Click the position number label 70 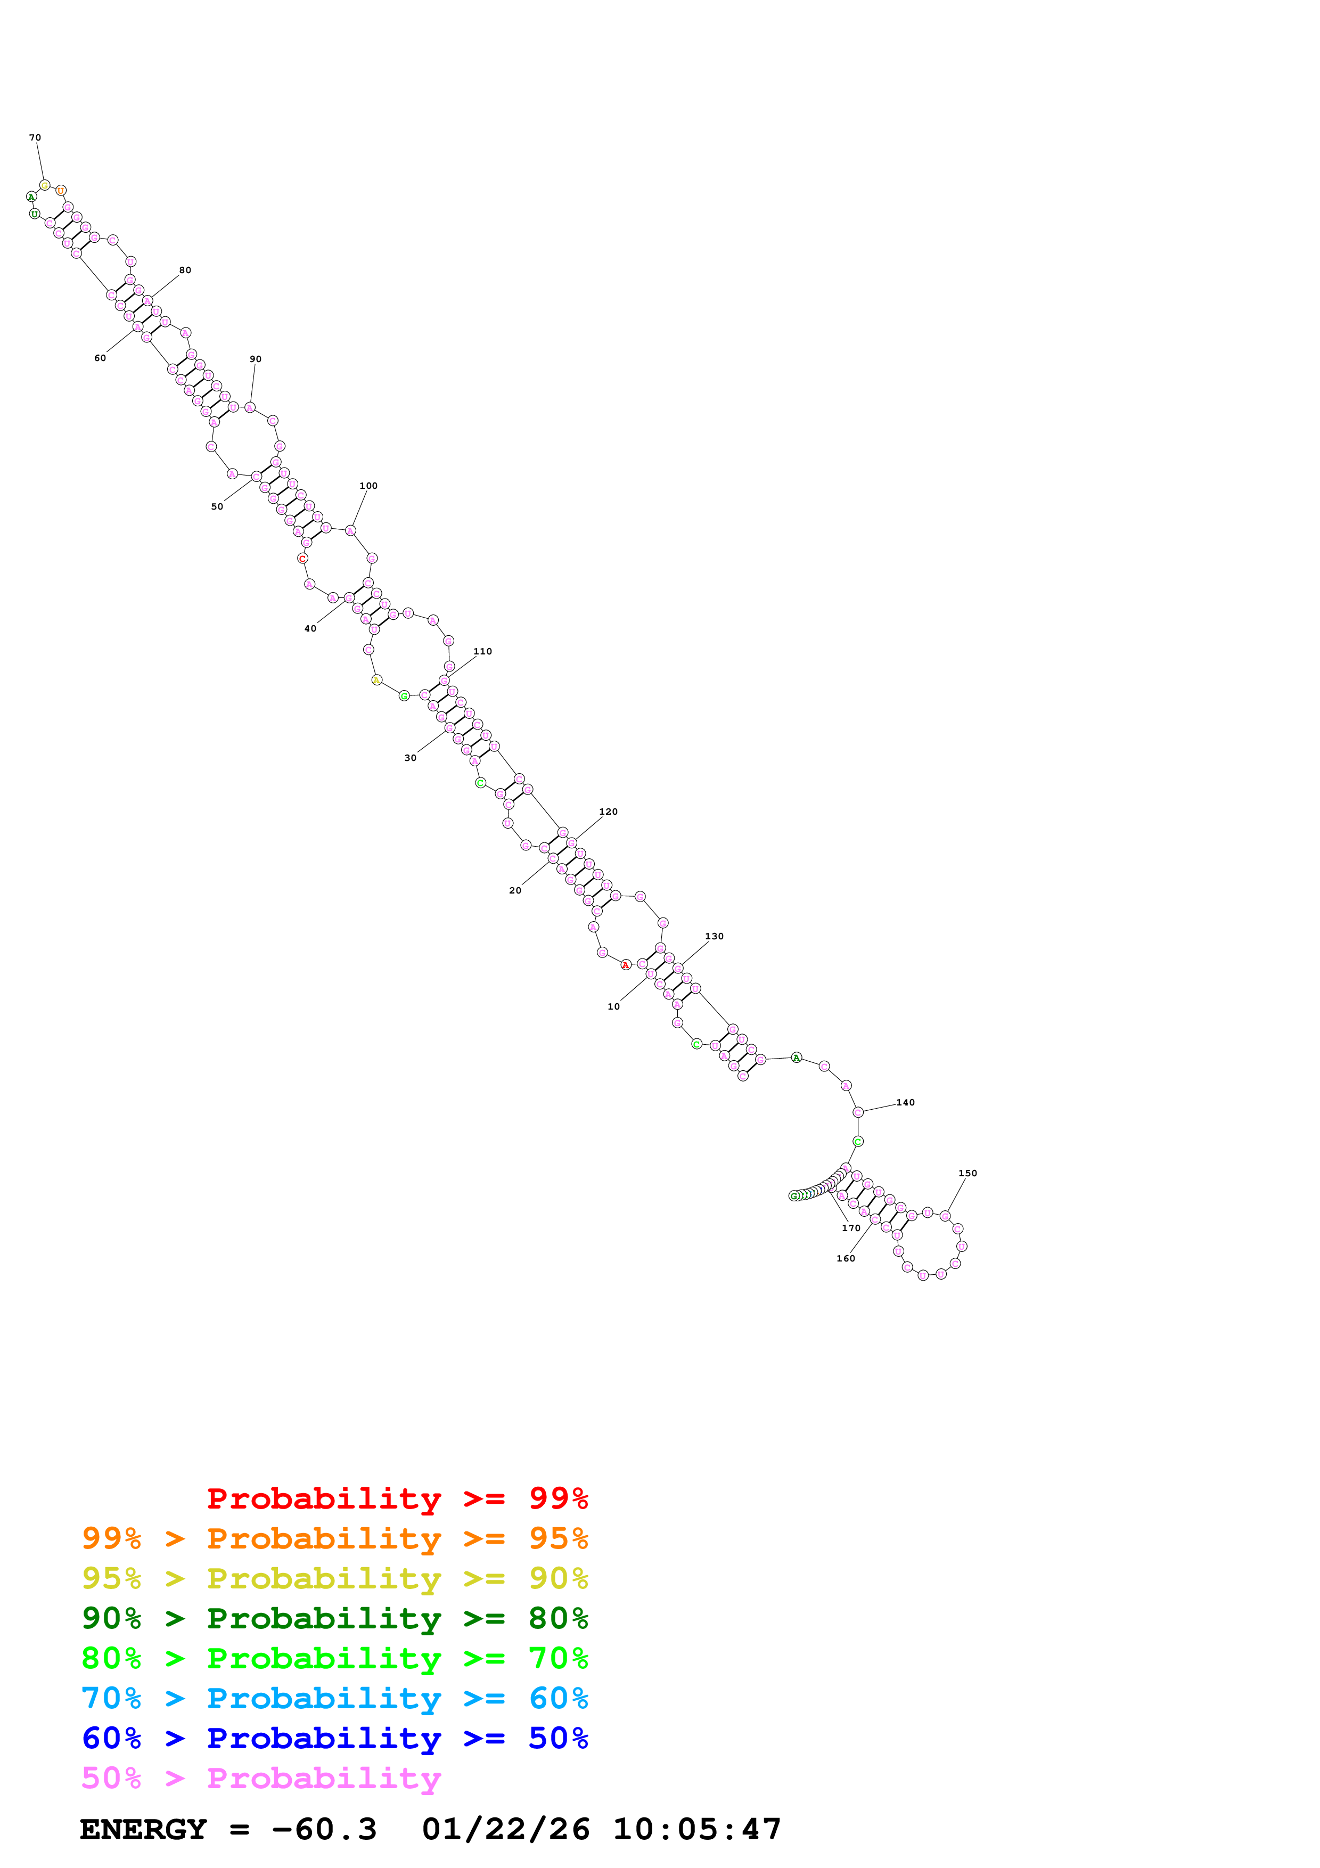coord(35,137)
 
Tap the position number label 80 coord(185,270)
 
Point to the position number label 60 coord(100,358)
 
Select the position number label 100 coord(368,486)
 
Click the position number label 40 coord(310,629)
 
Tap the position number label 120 coord(609,812)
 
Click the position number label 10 coord(614,1006)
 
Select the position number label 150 coord(968,1173)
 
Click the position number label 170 coord(851,1228)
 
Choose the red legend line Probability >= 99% coord(397,1498)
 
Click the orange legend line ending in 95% coord(334,1538)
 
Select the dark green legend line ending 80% coord(334,1618)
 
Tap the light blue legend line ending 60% coord(334,1698)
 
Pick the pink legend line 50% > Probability coord(261,1777)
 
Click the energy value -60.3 coord(324,1829)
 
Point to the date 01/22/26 coord(506,1829)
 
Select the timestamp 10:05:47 coord(697,1829)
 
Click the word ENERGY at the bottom coord(143,1829)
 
